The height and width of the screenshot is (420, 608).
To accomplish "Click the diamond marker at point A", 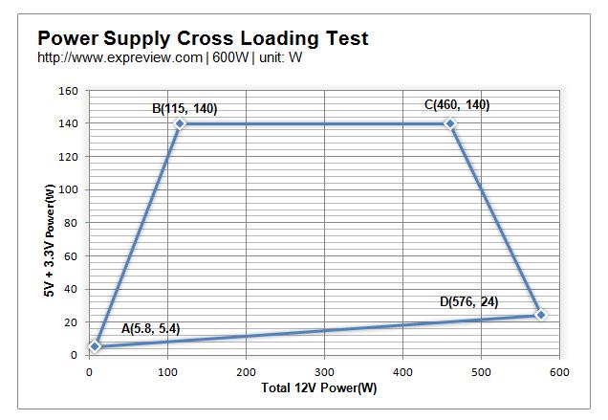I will (x=94, y=345).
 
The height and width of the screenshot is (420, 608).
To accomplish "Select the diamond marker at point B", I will (x=179, y=124).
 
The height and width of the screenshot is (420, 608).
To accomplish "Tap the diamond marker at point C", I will (x=450, y=124).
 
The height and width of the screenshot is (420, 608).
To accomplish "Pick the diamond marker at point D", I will (x=541, y=315).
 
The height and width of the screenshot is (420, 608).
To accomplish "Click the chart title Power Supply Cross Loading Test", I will (x=203, y=39).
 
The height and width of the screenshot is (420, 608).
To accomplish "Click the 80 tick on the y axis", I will (x=71, y=223).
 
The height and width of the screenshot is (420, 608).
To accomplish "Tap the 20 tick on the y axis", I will (x=71, y=321).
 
